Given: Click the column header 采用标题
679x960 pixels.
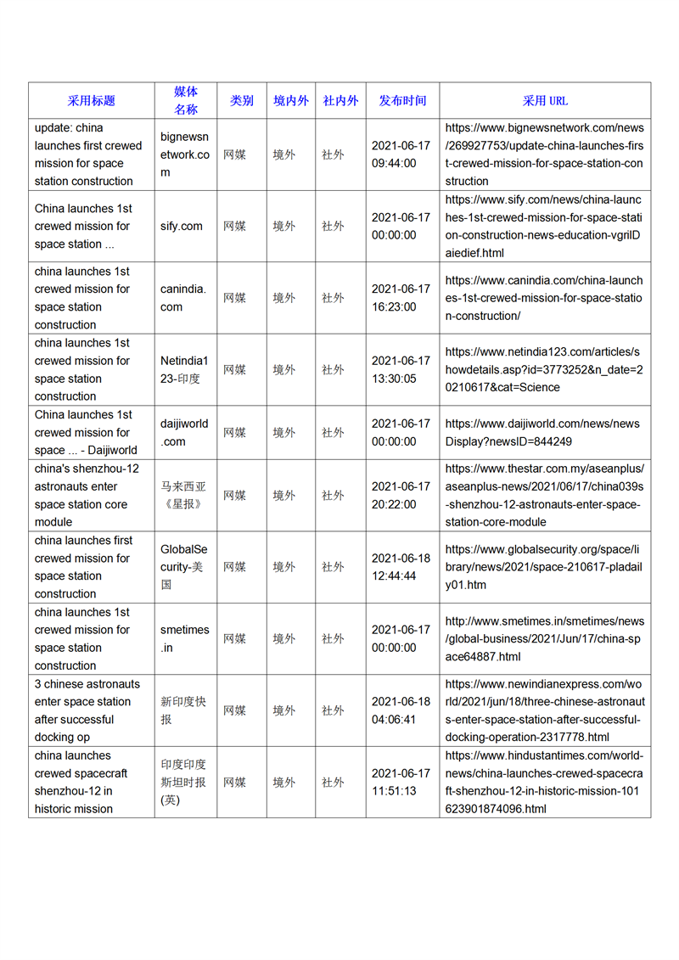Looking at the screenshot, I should point(92,100).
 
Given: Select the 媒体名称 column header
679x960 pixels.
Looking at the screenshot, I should point(186,100).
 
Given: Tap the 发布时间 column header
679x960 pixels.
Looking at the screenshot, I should point(402,100).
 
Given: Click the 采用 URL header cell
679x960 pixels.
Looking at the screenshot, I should point(545,100).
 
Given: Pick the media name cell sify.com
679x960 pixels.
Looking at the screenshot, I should point(182,227).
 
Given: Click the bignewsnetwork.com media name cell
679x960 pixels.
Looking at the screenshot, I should point(185,154).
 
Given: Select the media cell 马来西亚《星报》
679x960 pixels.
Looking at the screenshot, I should point(183,496).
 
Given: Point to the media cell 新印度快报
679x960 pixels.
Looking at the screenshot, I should point(183,710).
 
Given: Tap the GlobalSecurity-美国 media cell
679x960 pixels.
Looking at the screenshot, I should point(183,567).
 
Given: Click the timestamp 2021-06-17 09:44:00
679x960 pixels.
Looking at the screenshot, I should point(401,154).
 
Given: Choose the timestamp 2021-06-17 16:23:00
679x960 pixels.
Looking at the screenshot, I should point(401,298).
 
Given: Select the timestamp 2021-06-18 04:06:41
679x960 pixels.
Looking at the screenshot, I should point(401,710).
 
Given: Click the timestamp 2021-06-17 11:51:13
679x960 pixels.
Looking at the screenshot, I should point(401,783).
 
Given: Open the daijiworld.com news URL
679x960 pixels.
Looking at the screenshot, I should point(542,433).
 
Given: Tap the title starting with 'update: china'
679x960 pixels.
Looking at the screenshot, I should point(88,154).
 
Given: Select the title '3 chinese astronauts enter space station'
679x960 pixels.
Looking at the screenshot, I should point(87,710).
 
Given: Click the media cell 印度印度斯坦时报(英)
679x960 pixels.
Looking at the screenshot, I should point(183,783).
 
